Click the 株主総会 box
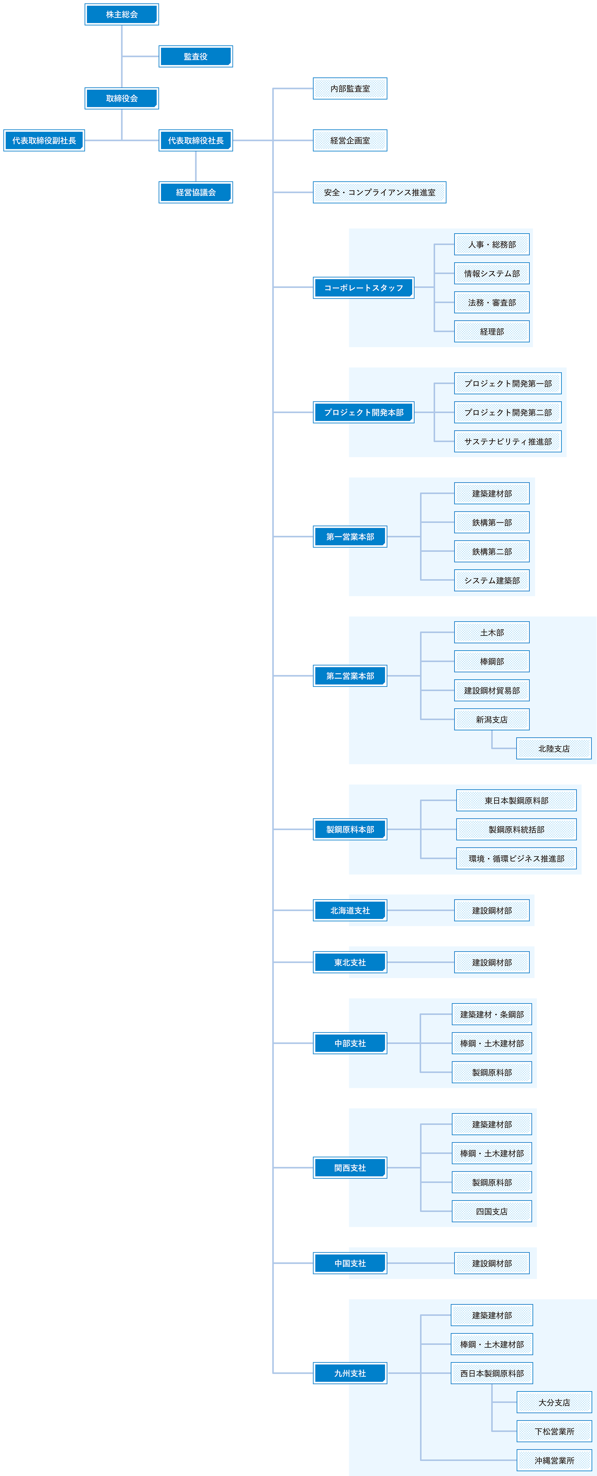pyautogui.click(x=121, y=14)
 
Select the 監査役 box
pyautogui.click(x=196, y=56)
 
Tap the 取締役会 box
pyautogui.click(x=121, y=98)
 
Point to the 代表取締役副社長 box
pyautogui.click(x=44, y=140)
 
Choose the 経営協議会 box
pyautogui.click(x=196, y=192)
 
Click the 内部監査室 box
pyautogui.click(x=350, y=88)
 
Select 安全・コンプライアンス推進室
pyautogui.click(x=379, y=192)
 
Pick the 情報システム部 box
pyautogui.click(x=492, y=273)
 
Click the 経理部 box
pyautogui.click(x=492, y=331)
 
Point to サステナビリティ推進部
pyautogui.click(x=508, y=441)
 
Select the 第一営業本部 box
pyautogui.click(x=350, y=536)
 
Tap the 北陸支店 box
pyautogui.click(x=553, y=748)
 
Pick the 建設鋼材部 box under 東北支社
pyautogui.click(x=492, y=962)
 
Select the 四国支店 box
pyautogui.click(x=492, y=1211)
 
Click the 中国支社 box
pyautogui.click(x=350, y=1263)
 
